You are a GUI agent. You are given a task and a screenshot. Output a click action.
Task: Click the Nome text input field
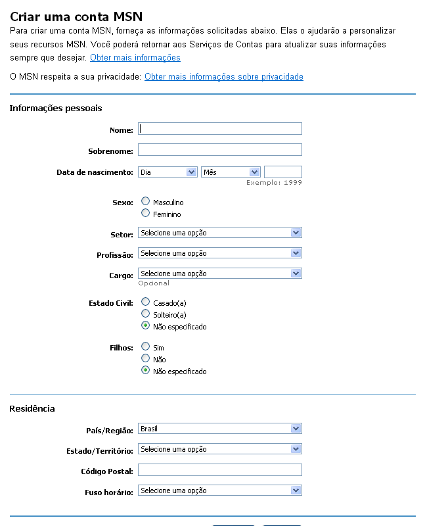pos(219,129)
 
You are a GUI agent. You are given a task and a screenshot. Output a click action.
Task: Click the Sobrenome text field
pos(219,150)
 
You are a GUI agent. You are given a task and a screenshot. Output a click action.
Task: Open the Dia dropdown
pos(168,172)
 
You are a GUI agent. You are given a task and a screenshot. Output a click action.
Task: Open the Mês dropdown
pos(231,172)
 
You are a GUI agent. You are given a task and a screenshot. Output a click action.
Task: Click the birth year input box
pos(282,172)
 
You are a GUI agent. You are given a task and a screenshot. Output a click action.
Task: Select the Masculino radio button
pos(146,201)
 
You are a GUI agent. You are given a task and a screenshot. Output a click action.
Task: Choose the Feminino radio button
pos(146,213)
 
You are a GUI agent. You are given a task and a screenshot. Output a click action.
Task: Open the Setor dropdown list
pos(219,233)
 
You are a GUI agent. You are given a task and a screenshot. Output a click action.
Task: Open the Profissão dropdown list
pos(219,253)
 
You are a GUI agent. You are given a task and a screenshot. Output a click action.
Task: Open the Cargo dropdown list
pos(219,274)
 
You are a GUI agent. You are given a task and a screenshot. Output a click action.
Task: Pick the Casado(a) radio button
pos(146,301)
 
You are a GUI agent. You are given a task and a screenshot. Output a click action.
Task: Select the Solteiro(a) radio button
pos(146,314)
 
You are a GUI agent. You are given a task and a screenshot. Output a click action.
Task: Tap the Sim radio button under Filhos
pos(146,347)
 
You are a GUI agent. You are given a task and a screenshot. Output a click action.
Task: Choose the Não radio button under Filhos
pos(146,358)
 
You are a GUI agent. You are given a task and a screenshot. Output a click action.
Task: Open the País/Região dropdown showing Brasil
pos(219,429)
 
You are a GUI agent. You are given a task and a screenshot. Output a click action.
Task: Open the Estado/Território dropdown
pos(219,449)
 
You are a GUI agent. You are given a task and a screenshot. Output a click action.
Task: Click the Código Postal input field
pos(219,470)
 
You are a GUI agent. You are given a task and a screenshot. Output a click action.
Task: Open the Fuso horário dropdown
pos(219,490)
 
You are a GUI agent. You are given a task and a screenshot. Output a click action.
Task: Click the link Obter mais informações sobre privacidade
pos(223,77)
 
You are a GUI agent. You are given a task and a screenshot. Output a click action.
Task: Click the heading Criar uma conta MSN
pos(76,16)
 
